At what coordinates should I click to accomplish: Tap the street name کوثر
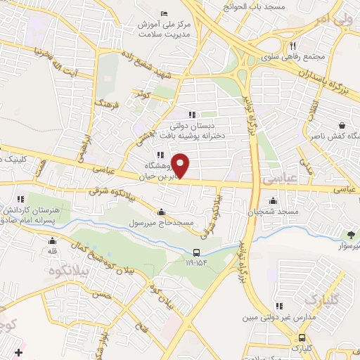144,94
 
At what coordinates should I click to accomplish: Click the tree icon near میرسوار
350,234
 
